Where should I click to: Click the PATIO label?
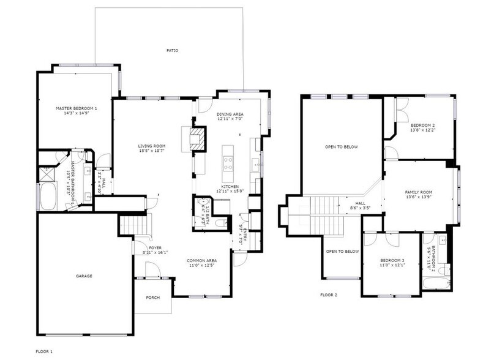click(x=173, y=50)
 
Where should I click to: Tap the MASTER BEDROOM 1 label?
click(x=77, y=108)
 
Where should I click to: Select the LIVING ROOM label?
click(x=151, y=146)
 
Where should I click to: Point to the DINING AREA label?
click(x=230, y=114)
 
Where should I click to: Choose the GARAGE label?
click(x=84, y=276)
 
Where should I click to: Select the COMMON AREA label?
click(x=201, y=260)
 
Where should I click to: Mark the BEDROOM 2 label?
click(x=422, y=124)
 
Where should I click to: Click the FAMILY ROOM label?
click(x=419, y=192)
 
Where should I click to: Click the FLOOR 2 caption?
click(x=329, y=294)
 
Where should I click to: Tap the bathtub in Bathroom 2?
click(x=436, y=282)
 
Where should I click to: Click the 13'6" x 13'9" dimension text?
click(x=419, y=198)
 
